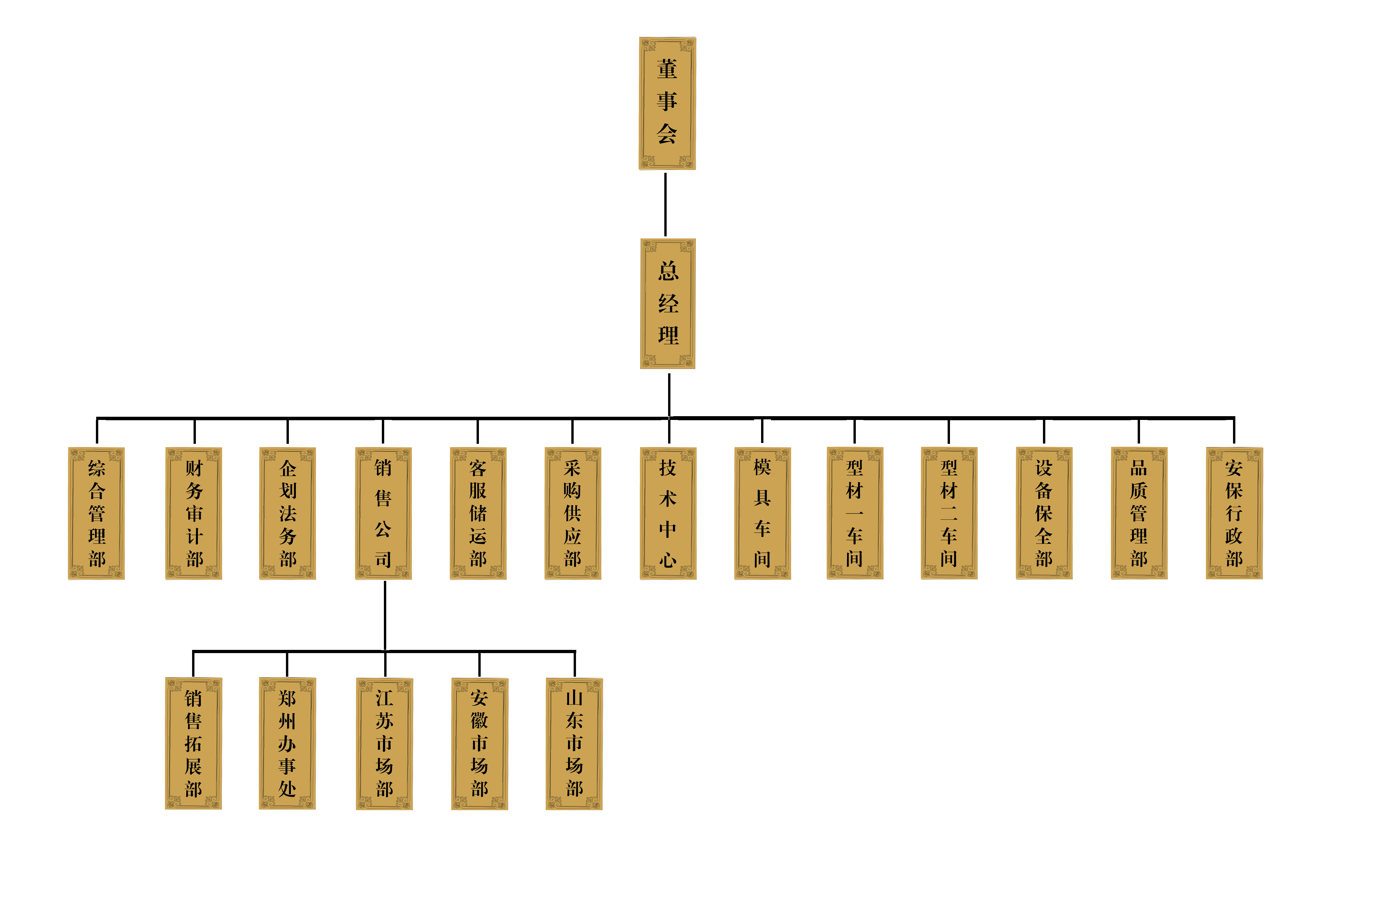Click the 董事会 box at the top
pyautogui.click(x=667, y=103)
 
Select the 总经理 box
pyautogui.click(x=668, y=303)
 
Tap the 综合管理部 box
pyautogui.click(x=96, y=513)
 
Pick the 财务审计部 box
pyautogui.click(x=194, y=513)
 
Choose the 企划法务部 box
pyautogui.click(x=287, y=513)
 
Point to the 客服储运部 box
pyautogui.click(x=478, y=513)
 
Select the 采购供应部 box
pyautogui.click(x=572, y=513)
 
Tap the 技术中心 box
pyautogui.click(x=668, y=513)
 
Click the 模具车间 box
pyautogui.click(x=762, y=513)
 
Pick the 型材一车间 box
pyautogui.click(x=855, y=513)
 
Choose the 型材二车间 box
pyautogui.click(x=949, y=513)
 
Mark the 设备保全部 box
pyautogui.click(x=1044, y=513)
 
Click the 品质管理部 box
pyautogui.click(x=1139, y=513)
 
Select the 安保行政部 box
pyautogui.click(x=1234, y=513)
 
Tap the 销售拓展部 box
pyautogui.click(x=193, y=743)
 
